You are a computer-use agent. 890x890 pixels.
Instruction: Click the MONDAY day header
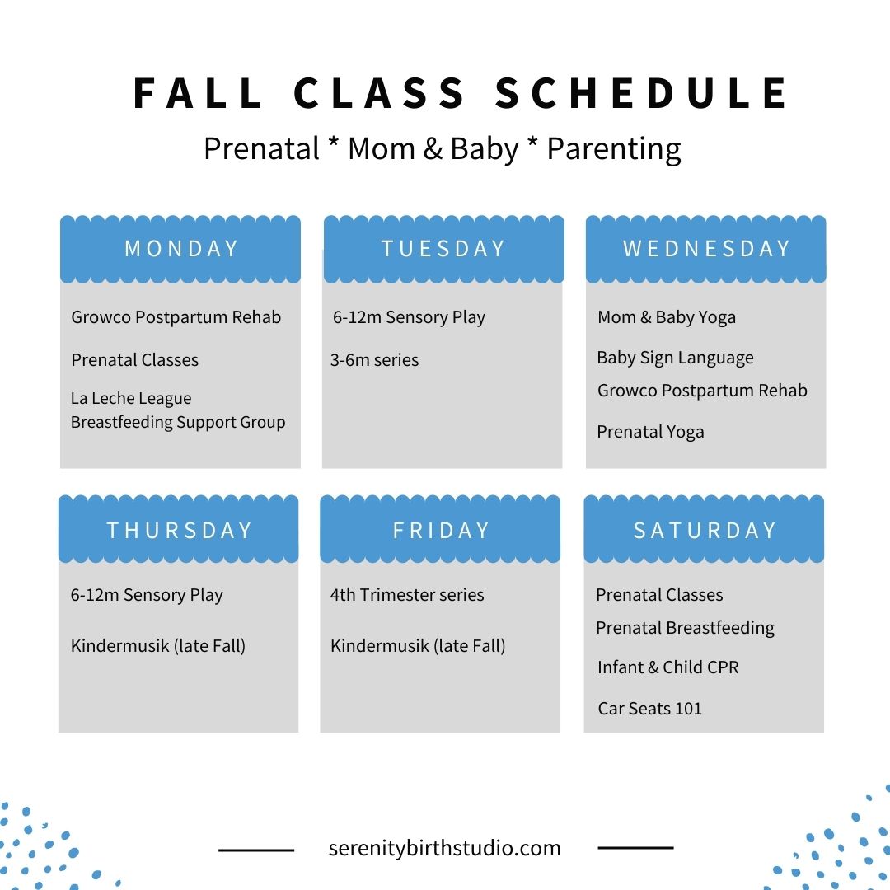[x=180, y=249]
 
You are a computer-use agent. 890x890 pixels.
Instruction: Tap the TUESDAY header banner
[x=444, y=249]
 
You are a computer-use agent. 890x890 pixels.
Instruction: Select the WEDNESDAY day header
[x=706, y=249]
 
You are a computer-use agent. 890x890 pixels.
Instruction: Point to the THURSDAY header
[x=178, y=529]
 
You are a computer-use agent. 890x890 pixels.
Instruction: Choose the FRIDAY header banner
[x=440, y=529]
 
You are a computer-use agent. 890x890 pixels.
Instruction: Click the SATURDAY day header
[x=704, y=529]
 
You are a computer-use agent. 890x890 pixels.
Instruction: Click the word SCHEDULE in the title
[x=642, y=93]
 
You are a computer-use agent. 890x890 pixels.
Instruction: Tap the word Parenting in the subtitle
[x=614, y=149]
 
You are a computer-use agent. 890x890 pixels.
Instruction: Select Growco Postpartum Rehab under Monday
[x=176, y=317]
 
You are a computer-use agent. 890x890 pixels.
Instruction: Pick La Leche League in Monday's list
[x=131, y=399]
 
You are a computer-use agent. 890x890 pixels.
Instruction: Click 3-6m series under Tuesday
[x=375, y=360]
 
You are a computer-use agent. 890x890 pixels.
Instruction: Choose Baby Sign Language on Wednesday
[x=676, y=358]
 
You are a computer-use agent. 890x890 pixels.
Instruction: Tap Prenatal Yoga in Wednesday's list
[x=650, y=433]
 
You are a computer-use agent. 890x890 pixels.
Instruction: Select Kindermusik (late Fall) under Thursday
[x=158, y=646]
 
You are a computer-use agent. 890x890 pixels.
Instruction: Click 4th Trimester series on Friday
[x=407, y=595]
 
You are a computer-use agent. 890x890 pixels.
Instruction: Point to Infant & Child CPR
[x=668, y=667]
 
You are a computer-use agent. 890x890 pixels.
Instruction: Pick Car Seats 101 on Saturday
[x=650, y=709]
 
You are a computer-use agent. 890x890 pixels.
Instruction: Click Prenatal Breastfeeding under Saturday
[x=685, y=628]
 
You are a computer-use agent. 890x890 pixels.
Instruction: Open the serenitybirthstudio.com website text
[x=444, y=849]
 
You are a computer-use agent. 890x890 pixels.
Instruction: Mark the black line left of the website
[x=256, y=850]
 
